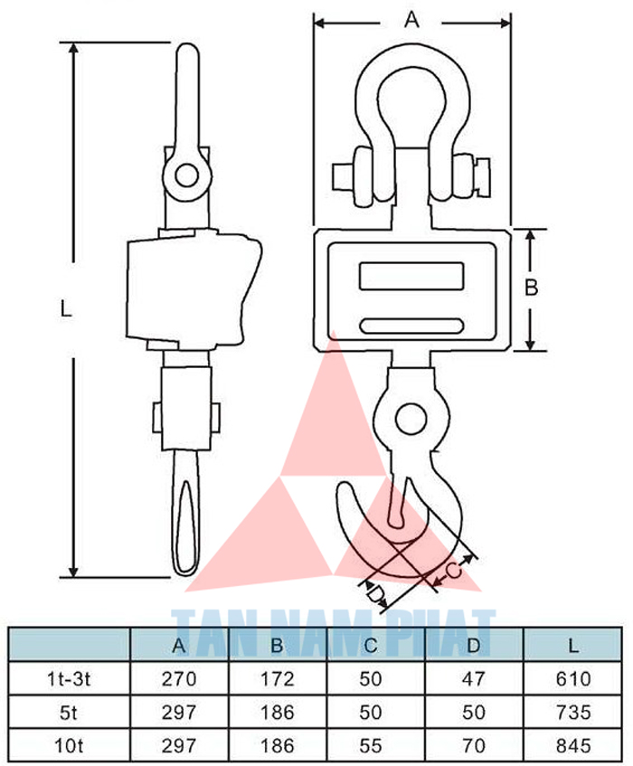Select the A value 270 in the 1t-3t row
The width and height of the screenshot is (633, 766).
tap(179, 678)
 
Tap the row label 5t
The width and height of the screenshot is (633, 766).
tap(69, 712)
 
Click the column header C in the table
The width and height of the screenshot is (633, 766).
tap(371, 646)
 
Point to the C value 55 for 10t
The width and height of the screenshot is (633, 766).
tap(371, 745)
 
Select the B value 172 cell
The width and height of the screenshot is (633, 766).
tap(277, 678)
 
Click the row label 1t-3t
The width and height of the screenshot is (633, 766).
tap(69, 678)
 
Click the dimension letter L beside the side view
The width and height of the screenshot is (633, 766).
tap(64, 308)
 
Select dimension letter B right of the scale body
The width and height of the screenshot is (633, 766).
tap(532, 288)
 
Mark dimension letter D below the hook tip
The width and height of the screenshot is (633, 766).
tap(378, 594)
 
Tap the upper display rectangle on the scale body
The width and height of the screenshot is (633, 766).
tap(412, 274)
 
